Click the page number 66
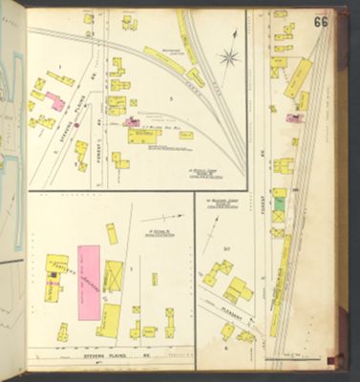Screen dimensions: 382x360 click(x=322, y=21)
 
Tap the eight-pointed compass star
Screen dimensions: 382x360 click(x=229, y=57)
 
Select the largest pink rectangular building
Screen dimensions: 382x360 click(x=88, y=280)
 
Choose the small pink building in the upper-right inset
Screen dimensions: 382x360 click(x=294, y=118)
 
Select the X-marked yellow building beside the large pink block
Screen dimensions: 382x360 click(x=113, y=275)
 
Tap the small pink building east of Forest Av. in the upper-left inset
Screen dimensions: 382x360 click(x=131, y=122)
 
